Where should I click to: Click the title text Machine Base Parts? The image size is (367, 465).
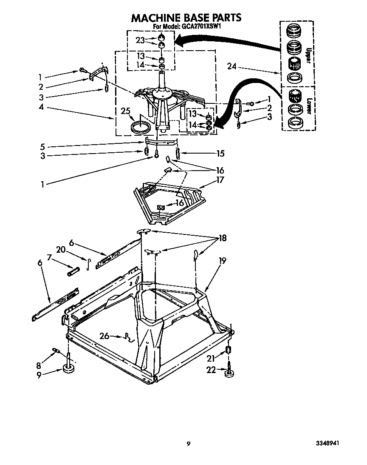(186, 17)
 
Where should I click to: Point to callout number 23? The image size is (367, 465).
(140, 40)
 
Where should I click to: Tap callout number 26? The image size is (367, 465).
(104, 337)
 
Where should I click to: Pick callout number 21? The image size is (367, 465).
(211, 358)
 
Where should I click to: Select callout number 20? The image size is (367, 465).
(61, 249)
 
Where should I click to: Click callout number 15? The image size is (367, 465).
(220, 153)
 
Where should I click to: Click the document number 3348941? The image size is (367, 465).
(326, 443)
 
